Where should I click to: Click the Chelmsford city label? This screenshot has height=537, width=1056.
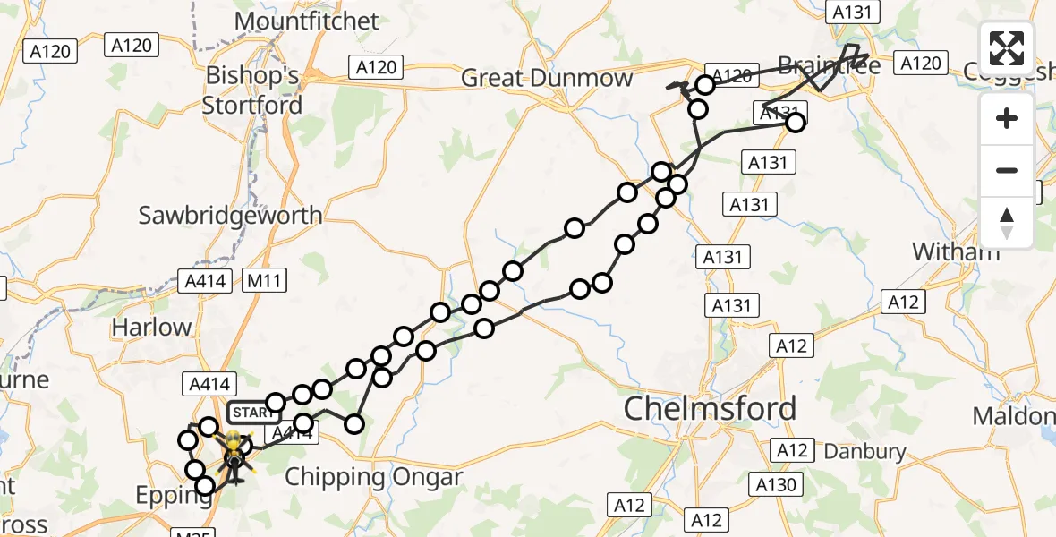coord(710,409)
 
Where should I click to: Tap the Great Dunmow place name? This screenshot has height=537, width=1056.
coord(547,79)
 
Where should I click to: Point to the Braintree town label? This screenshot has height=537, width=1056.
coord(829,66)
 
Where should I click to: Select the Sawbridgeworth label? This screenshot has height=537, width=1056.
coord(231,215)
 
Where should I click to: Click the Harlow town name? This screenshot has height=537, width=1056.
coord(151,328)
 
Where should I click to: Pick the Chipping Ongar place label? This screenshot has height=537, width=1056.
coord(373,477)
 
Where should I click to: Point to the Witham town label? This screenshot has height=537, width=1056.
coord(956,251)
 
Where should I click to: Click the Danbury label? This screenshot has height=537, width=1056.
coord(864,452)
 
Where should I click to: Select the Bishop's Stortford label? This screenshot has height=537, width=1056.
coord(252,90)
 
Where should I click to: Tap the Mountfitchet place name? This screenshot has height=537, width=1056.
coord(306,21)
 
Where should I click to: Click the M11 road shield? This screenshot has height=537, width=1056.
coord(265,281)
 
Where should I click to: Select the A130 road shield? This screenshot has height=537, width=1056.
coord(775,485)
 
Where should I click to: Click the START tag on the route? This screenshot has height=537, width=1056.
coord(254,413)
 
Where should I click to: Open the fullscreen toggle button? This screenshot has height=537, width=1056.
coord(1007,48)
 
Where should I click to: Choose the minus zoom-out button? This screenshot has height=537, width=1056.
coord(1007,170)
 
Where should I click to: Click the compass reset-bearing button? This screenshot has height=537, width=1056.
coord(1007,222)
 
